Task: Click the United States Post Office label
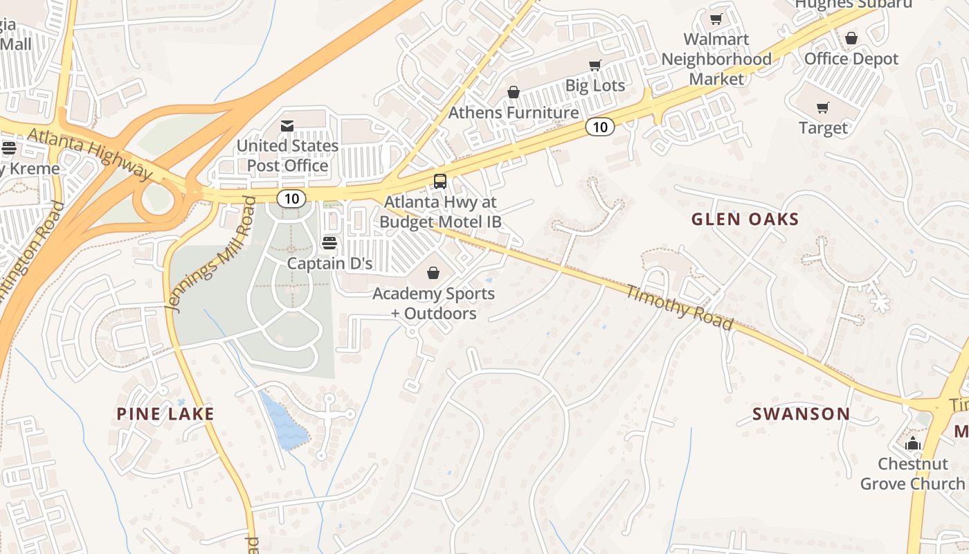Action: (x=287, y=156)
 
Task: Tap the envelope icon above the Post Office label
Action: (x=287, y=126)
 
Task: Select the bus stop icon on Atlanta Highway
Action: (x=440, y=181)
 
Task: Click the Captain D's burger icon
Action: (x=329, y=243)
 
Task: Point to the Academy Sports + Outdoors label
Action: (x=433, y=303)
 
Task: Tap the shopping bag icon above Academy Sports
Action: (x=433, y=274)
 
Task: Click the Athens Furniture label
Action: (x=513, y=112)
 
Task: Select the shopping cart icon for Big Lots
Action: (x=595, y=66)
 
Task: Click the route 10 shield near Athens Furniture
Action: (x=599, y=127)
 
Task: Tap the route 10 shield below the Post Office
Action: (x=291, y=199)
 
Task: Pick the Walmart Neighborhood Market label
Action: (x=716, y=59)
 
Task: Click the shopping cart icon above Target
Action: (x=822, y=107)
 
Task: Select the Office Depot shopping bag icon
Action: (x=851, y=38)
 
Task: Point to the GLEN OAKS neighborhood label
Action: (x=745, y=220)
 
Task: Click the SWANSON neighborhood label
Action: (x=801, y=414)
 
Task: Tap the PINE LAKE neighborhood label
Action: (x=165, y=414)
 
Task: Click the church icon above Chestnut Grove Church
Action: (x=912, y=443)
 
